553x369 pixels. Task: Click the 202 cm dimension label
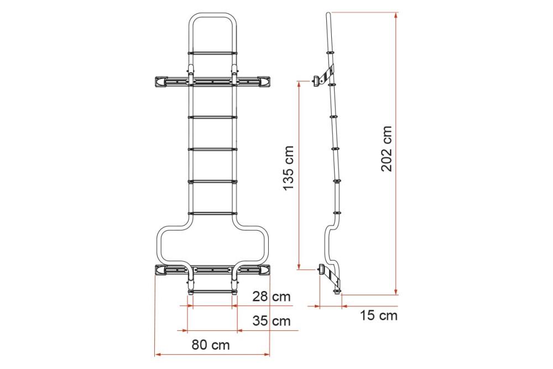[x=387, y=148]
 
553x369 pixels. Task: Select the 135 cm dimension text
[x=289, y=169]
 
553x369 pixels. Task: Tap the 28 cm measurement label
[x=271, y=297]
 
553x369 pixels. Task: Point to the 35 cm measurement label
[x=271, y=321]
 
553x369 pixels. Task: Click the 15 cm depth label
[x=378, y=315]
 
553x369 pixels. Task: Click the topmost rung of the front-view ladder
[x=212, y=53]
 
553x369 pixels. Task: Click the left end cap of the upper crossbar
[x=161, y=81]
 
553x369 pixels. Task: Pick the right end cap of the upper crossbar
[x=263, y=81]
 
